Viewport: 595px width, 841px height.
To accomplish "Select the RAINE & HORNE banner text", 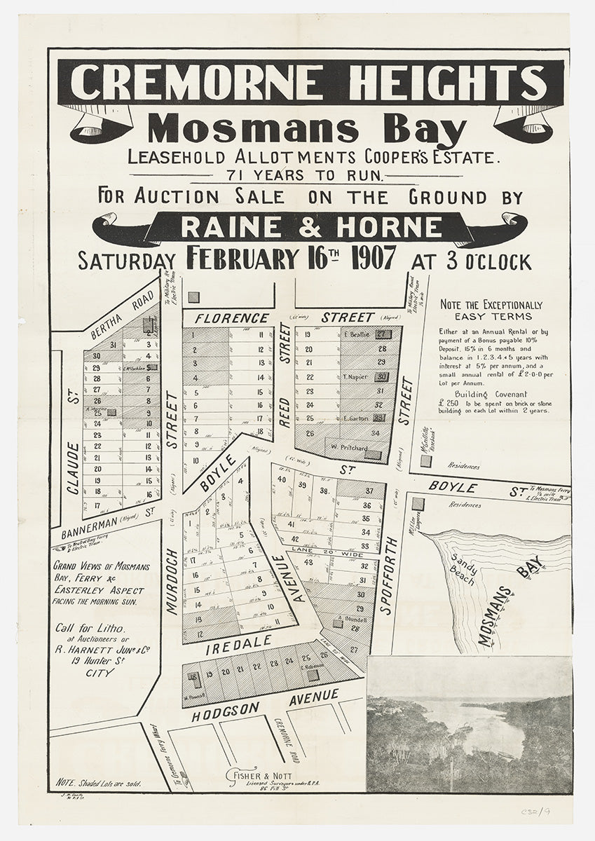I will (x=312, y=227).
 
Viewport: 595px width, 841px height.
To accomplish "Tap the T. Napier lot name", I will (x=355, y=377).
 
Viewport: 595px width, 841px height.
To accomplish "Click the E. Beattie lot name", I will (x=357, y=334).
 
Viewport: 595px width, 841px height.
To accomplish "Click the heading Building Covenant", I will (x=491, y=394).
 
